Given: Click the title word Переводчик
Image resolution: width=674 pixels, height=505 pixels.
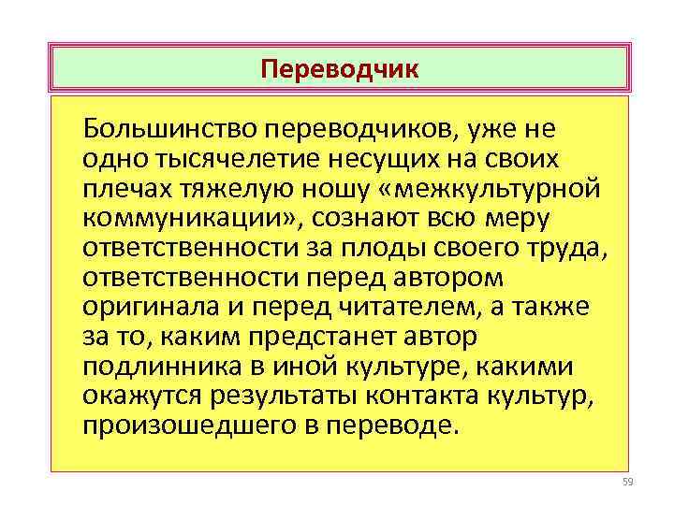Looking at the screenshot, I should click(340, 69).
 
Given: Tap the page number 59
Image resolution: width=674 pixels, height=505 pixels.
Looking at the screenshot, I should click(627, 482).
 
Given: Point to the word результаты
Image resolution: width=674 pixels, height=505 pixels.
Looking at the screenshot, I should click(279, 397).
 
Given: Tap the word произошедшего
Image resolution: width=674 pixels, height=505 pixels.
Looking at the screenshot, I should click(168, 427).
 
